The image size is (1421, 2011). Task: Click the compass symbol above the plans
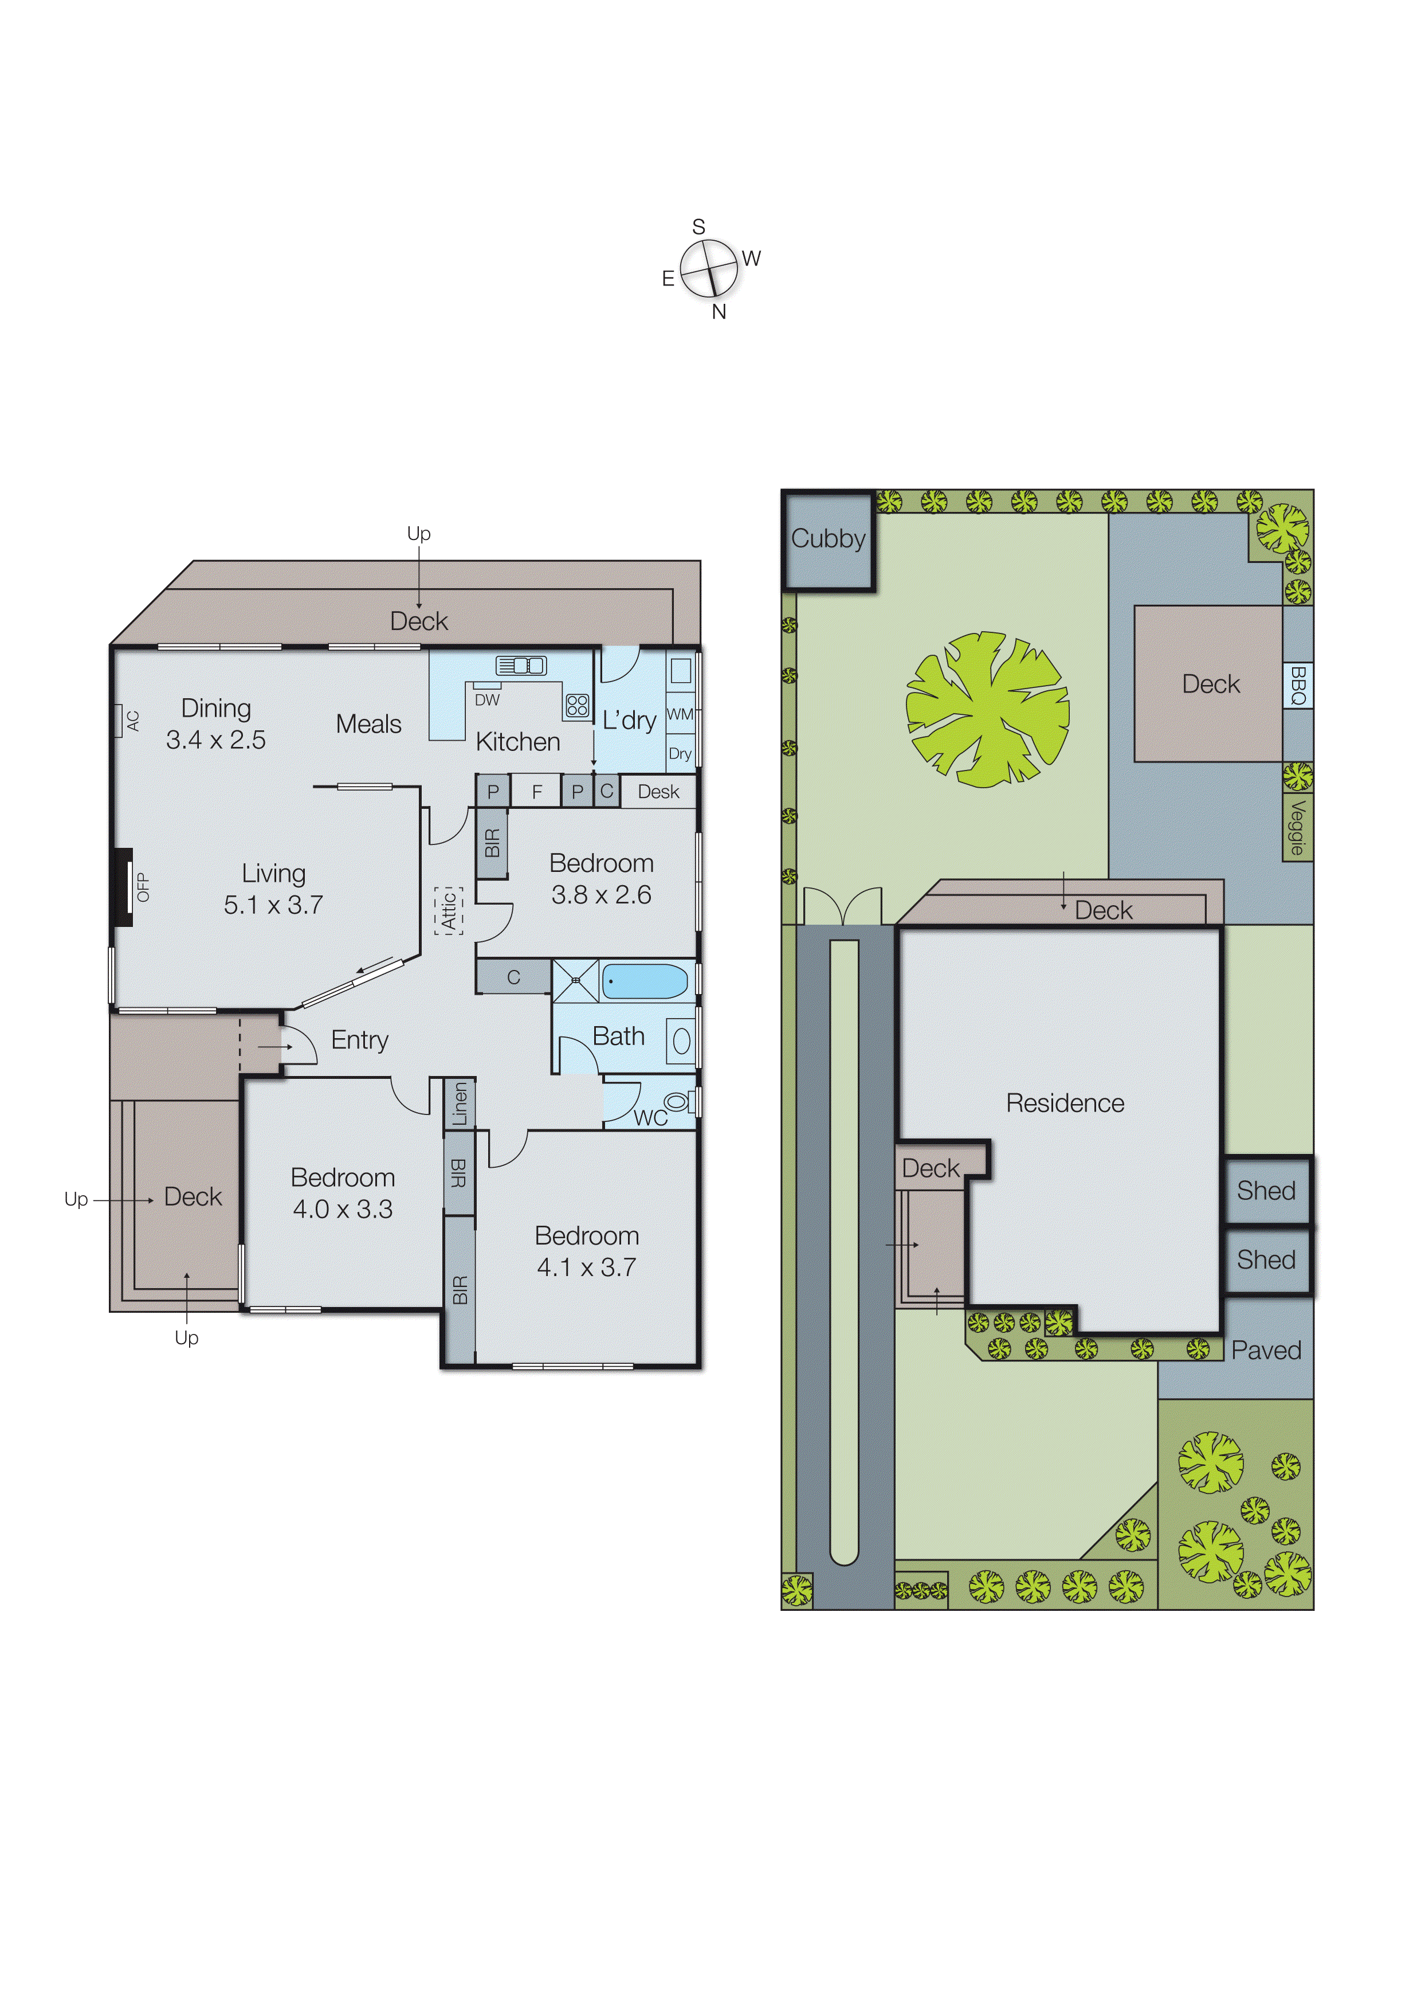pyautogui.click(x=709, y=268)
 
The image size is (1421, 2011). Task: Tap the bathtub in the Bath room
pyautogui.click(x=645, y=981)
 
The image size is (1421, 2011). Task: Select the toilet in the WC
pyautogui.click(x=676, y=1101)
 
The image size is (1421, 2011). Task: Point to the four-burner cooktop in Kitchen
pyautogui.click(x=577, y=705)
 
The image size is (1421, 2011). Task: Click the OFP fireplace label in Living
pyautogui.click(x=143, y=887)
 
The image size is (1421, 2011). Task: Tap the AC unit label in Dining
pyautogui.click(x=133, y=721)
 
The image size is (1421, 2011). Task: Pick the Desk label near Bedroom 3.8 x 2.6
pyautogui.click(x=658, y=792)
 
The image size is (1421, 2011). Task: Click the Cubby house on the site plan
pyautogui.click(x=829, y=539)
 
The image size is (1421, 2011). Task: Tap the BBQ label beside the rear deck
pyautogui.click(x=1298, y=686)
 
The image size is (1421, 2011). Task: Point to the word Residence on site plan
pyautogui.click(x=1065, y=1103)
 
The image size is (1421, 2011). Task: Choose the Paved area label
pyautogui.click(x=1266, y=1349)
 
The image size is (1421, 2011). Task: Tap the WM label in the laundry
pyautogui.click(x=680, y=714)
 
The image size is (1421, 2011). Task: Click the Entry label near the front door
pyautogui.click(x=359, y=1040)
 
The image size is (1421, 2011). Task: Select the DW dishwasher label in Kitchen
pyautogui.click(x=487, y=700)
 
